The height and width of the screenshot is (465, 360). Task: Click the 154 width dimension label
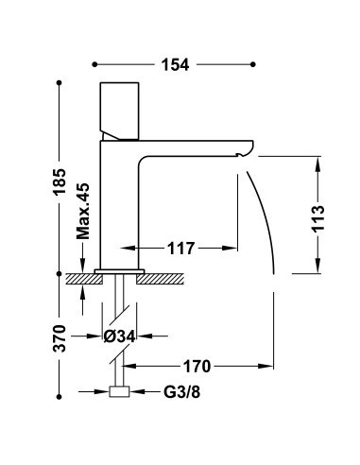175,65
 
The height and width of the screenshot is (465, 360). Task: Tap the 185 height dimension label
60,182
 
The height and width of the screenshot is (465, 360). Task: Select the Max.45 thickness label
83,211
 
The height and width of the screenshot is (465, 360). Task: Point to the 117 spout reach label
180,249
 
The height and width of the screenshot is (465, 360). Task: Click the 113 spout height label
318,218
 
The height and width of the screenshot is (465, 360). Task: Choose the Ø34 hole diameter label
120,336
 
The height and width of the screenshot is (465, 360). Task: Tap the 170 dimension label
197,367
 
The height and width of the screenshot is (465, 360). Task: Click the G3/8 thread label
181,392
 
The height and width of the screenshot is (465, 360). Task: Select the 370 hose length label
60,338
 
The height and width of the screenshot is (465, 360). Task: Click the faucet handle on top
119,111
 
